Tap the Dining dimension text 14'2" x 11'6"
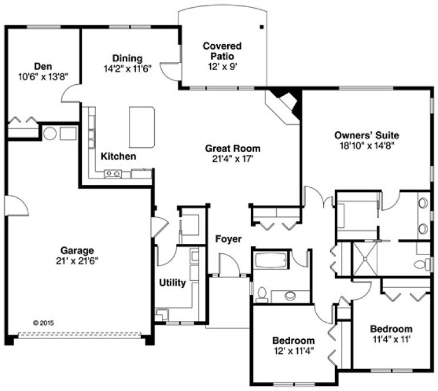[x=127, y=68]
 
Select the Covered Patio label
[x=221, y=51]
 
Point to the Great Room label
[x=232, y=148]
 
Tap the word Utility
[x=172, y=283]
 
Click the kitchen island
[x=142, y=127]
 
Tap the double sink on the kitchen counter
[x=112, y=173]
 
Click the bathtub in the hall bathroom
[x=270, y=259]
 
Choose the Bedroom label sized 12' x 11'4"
[x=293, y=345]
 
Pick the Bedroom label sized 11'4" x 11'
[x=390, y=333]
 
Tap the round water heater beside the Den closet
[x=50, y=134]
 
